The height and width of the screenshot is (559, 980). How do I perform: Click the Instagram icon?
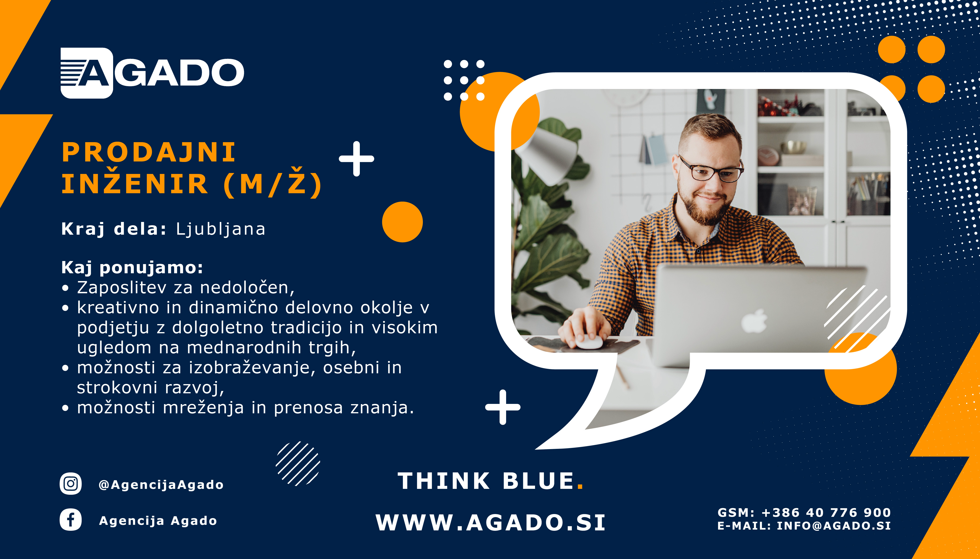pos(71,483)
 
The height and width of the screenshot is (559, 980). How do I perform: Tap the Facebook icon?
pos(71,520)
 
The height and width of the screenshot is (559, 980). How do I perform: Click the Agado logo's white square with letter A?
pos(87,73)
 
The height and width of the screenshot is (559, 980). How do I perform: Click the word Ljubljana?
pos(221,229)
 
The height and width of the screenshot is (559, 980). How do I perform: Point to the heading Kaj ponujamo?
pos(132,268)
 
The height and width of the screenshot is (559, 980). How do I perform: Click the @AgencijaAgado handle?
pos(161,485)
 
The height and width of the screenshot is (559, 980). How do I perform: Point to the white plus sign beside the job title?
pos(356,159)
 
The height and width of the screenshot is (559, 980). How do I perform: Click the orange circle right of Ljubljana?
pos(402,222)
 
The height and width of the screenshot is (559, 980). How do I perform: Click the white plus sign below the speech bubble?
pos(503,407)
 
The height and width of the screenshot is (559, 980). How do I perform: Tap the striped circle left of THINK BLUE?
pos(298,463)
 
